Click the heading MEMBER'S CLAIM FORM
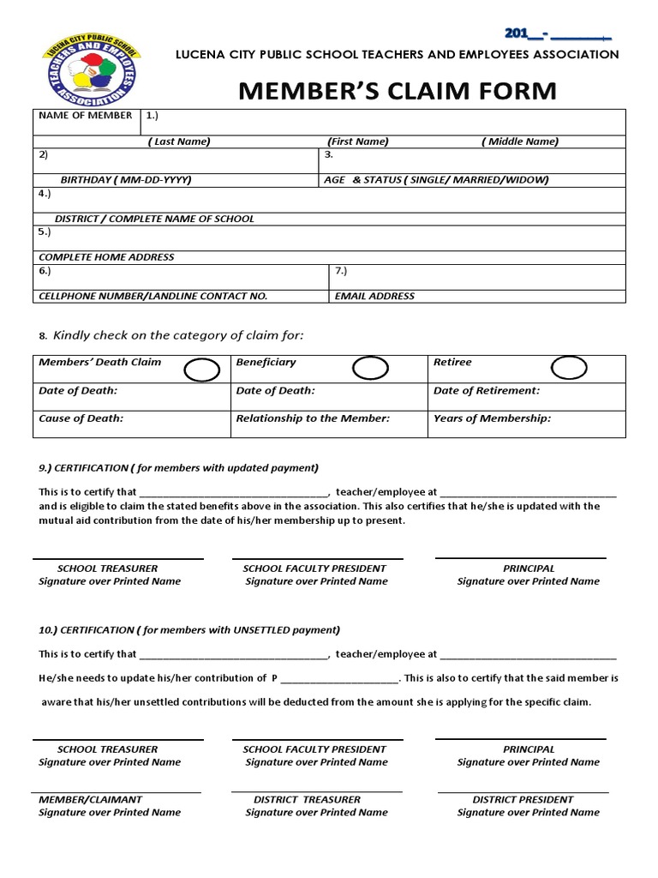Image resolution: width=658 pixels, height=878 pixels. (x=398, y=91)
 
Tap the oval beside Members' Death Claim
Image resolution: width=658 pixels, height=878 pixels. (x=201, y=370)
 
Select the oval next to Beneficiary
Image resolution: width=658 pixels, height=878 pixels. (x=371, y=369)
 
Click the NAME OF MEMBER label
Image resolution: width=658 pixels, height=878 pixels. (x=86, y=116)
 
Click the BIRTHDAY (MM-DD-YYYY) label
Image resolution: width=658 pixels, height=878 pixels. (x=126, y=180)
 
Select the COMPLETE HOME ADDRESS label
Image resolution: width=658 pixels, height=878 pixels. (x=106, y=257)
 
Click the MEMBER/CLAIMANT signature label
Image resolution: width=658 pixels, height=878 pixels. (x=90, y=799)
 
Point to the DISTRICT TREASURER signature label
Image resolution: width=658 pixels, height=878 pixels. (x=307, y=799)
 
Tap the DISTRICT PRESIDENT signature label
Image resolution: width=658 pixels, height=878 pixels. (x=523, y=799)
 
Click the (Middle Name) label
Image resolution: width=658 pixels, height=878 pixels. (x=519, y=141)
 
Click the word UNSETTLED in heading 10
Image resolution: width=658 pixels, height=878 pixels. (x=254, y=630)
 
